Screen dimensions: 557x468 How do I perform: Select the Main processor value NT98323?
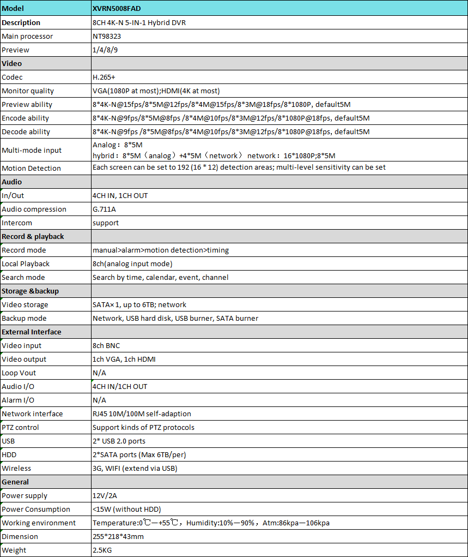click(x=108, y=37)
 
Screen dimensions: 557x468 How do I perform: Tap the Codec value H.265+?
click(x=104, y=77)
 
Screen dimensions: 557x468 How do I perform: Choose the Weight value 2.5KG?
click(x=102, y=550)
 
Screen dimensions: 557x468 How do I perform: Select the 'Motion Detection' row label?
click(x=31, y=169)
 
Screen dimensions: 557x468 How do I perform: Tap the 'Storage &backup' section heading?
click(x=30, y=291)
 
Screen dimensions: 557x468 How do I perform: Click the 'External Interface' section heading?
click(x=32, y=332)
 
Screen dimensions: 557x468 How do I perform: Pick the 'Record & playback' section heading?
click(x=33, y=237)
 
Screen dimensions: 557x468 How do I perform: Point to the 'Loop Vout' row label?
click(x=19, y=373)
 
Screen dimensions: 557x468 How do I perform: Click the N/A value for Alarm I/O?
click(x=99, y=400)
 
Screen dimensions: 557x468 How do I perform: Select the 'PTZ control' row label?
click(x=21, y=428)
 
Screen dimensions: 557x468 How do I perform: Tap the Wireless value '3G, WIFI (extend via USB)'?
click(x=135, y=469)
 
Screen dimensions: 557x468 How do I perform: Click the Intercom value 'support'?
click(x=106, y=223)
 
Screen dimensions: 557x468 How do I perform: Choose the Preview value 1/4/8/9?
click(x=106, y=50)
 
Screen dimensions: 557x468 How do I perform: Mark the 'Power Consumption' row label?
click(x=36, y=510)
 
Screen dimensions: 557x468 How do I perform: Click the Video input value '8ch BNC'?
click(x=106, y=346)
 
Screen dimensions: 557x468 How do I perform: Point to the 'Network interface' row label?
click(x=32, y=414)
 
